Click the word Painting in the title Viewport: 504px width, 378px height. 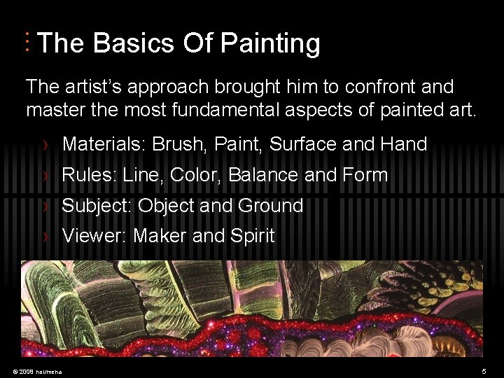[269, 44]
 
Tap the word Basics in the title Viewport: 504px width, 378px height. [134, 44]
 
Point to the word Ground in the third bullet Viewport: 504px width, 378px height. [270, 206]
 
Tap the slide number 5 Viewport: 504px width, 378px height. [484, 370]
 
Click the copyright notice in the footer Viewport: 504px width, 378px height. [37, 371]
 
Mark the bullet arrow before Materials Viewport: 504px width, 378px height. [46, 145]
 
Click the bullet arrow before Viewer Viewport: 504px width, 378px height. [46, 237]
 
